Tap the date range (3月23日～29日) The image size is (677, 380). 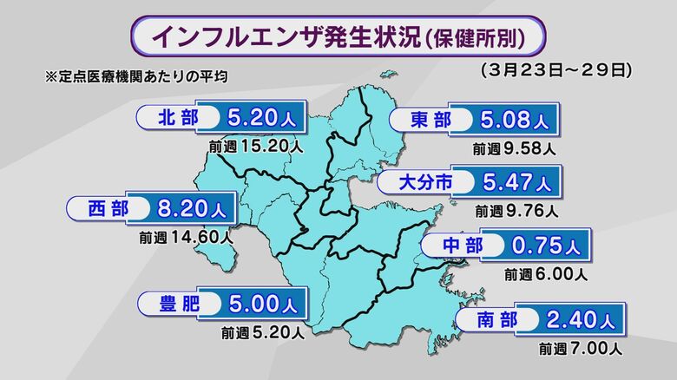pyautogui.click(x=555, y=67)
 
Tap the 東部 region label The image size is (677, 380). pyautogui.click(x=430, y=121)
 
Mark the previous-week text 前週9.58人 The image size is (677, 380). pyautogui.click(x=514, y=148)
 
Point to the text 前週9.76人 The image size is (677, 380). pyautogui.click(x=516, y=210)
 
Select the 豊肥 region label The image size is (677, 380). pyautogui.click(x=178, y=305)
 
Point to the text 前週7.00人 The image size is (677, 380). pyautogui.click(x=580, y=350)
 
